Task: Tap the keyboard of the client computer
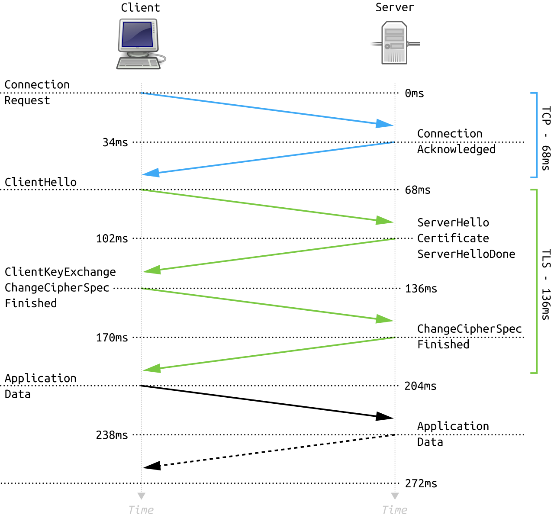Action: click(x=138, y=63)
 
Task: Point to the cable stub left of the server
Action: click(x=375, y=44)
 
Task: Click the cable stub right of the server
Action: click(x=414, y=44)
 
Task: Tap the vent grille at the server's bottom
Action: click(x=394, y=57)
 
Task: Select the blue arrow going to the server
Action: click(x=267, y=109)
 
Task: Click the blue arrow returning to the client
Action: click(x=267, y=158)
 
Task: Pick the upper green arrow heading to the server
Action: click(x=267, y=206)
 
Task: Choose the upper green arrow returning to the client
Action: click(x=267, y=255)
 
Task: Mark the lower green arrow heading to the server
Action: click(x=267, y=305)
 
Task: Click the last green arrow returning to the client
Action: click(x=267, y=354)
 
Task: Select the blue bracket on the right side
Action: click(x=537, y=135)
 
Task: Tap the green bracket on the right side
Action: click(x=537, y=281)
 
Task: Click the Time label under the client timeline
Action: click(x=141, y=510)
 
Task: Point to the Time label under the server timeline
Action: click(x=394, y=510)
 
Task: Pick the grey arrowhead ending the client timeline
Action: click(x=141, y=496)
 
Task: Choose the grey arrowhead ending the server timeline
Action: click(x=395, y=496)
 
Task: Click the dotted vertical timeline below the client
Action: click(x=141, y=433)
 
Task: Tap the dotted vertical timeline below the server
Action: click(x=395, y=433)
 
